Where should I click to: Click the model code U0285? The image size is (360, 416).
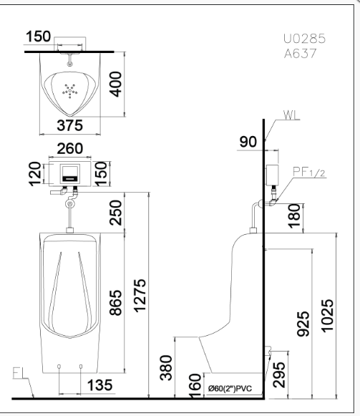coord(304,39)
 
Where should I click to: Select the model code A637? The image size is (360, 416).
coord(301,54)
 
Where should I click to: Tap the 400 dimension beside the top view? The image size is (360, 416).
coord(116,84)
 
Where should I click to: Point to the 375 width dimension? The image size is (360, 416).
coord(69,125)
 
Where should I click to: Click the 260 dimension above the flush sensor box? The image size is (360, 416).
coord(70,149)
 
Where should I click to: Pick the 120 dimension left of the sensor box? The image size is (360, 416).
coord(35,174)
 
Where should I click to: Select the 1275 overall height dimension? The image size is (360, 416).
coord(140,296)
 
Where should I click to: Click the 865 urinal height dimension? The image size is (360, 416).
coord(116,303)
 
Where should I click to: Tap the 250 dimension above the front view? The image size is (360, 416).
coord(116,213)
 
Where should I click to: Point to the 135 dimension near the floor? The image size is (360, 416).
coord(99,385)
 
